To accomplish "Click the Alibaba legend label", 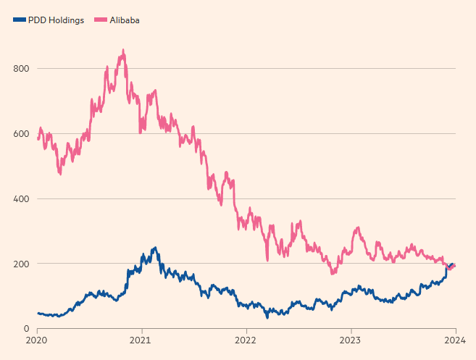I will [x=124, y=20].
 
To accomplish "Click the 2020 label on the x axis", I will [x=37, y=340].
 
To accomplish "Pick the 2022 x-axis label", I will [x=246, y=340].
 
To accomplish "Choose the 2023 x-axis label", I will [x=351, y=340].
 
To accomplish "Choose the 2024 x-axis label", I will [x=455, y=340].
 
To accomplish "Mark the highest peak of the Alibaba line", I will [x=123, y=50].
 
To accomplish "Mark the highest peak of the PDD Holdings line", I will [x=154, y=248].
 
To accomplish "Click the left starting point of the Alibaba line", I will [x=38, y=138].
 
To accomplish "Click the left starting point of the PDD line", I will [x=38, y=314].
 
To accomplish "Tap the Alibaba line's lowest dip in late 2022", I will [x=332, y=274].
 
